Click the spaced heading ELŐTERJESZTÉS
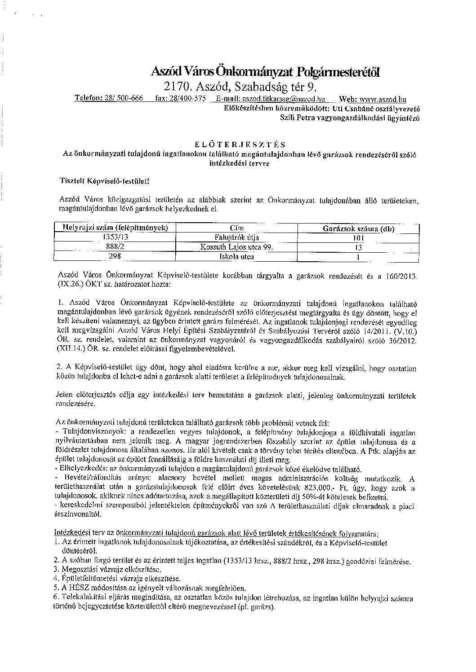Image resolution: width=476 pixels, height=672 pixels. point(239,145)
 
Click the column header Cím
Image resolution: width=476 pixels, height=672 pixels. point(236,228)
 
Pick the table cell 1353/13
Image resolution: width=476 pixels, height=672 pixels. point(116,237)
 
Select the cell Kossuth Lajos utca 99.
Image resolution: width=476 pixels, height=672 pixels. point(237,247)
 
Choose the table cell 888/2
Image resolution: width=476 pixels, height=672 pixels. point(116,247)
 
